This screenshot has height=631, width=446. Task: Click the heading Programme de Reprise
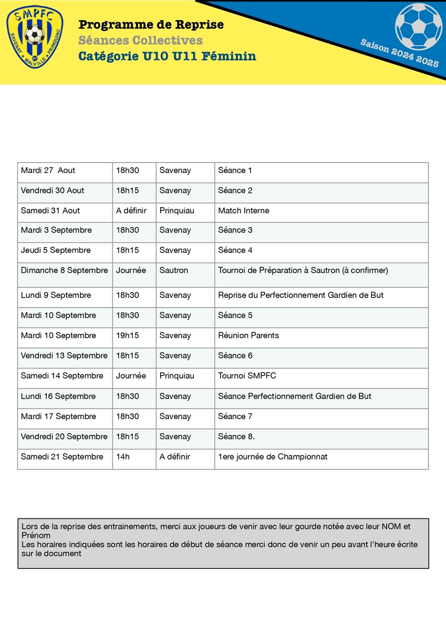151,25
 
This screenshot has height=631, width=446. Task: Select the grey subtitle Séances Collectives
140,40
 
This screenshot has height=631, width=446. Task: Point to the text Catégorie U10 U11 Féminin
167,56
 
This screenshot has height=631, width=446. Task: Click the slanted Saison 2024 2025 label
399,53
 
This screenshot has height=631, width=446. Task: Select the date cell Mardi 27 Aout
48,170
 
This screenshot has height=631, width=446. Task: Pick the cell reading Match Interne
244,210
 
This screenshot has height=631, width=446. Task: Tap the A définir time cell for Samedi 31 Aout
131,210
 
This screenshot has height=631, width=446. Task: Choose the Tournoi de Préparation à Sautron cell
303,270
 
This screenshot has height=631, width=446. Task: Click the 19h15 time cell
128,335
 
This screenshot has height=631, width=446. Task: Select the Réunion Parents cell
248,335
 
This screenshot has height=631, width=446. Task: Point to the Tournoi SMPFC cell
247,376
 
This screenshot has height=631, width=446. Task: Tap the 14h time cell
123,456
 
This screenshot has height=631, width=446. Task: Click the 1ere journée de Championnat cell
273,456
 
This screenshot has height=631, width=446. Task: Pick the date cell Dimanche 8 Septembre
64,270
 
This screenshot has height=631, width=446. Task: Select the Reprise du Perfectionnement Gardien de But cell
301,295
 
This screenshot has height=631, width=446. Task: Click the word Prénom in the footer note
36,535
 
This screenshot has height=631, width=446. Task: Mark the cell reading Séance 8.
236,436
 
